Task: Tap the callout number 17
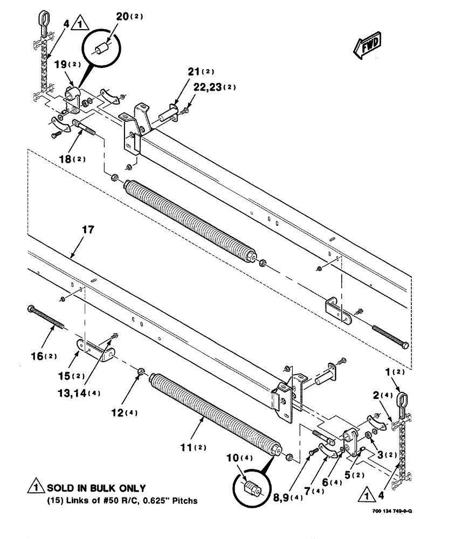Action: point(88,230)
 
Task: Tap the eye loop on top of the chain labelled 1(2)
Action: point(403,402)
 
